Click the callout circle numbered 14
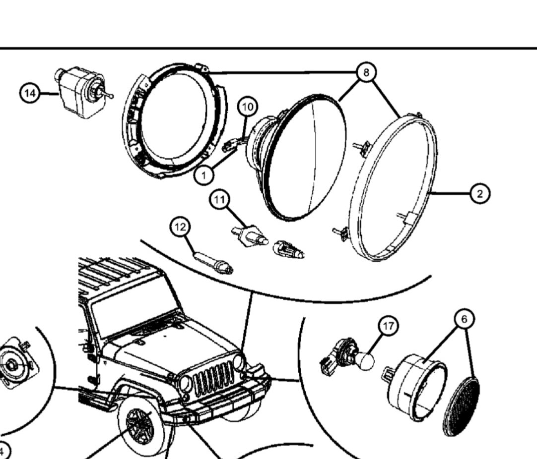pos(30,93)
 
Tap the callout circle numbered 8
pos(366,73)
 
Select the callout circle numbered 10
pos(248,107)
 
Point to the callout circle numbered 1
pos(204,174)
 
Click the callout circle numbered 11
pos(220,200)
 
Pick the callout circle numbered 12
pos(180,228)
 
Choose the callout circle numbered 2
pos(479,193)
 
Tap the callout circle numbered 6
pos(464,319)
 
